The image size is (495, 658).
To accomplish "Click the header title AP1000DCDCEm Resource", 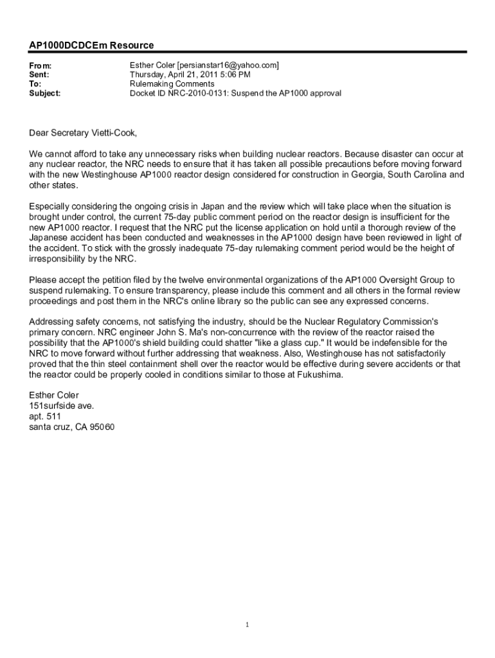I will click(91, 46).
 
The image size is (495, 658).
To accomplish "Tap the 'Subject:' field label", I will click(45, 93).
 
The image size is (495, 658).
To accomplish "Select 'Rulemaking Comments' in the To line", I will click(172, 84).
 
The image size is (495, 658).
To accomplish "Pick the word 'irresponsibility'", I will click(60, 258).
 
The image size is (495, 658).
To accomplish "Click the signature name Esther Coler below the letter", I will click(54, 395).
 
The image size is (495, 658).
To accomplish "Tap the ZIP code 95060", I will click(102, 427).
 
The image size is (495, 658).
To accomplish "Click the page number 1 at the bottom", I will click(248, 625).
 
